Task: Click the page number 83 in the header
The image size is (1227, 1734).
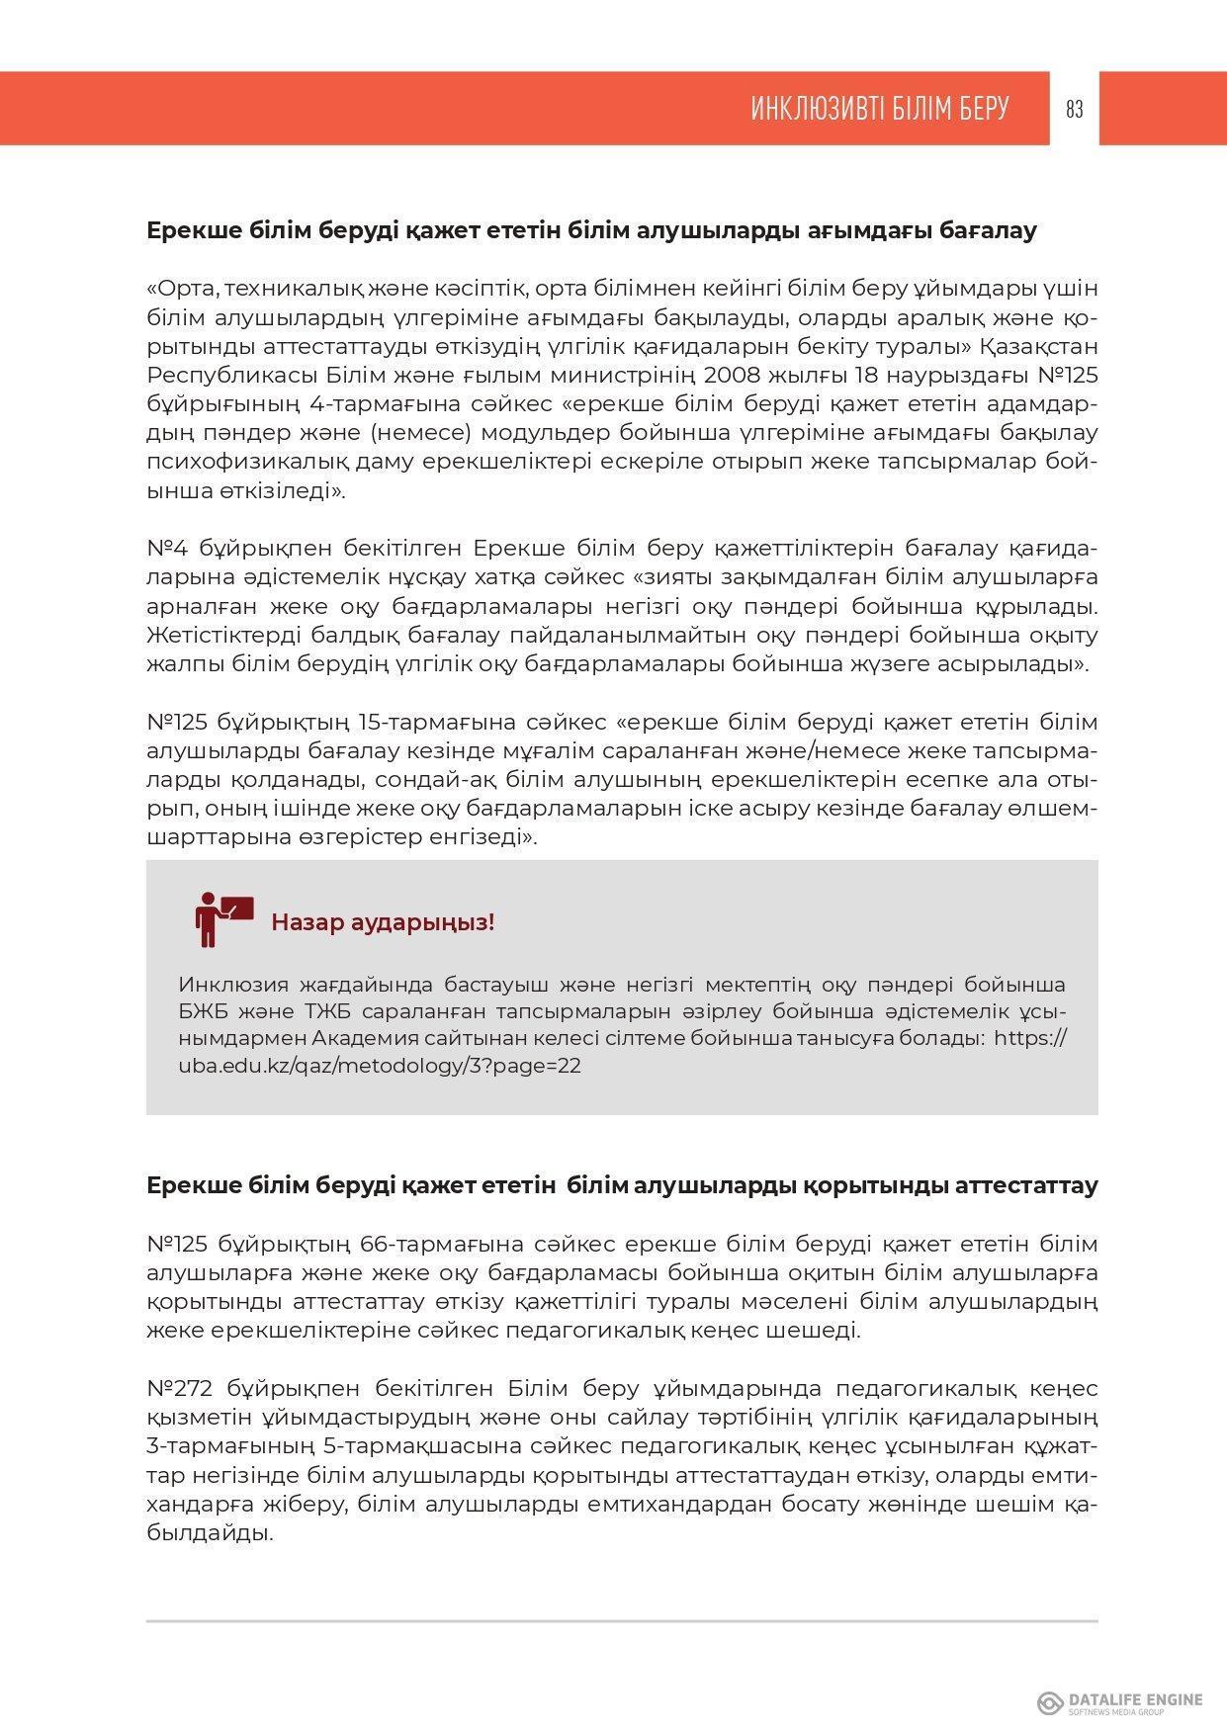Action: click(1075, 109)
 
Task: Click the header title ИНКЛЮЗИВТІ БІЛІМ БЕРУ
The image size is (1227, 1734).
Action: click(879, 109)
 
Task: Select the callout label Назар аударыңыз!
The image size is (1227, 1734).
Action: click(383, 922)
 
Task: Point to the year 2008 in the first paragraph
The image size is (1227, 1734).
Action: click(731, 376)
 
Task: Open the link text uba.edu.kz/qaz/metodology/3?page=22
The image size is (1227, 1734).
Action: click(380, 1066)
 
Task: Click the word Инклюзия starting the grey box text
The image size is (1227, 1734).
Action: click(233, 985)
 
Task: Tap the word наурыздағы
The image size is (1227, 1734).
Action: click(964, 376)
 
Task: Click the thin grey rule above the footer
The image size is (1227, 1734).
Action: click(622, 1621)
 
